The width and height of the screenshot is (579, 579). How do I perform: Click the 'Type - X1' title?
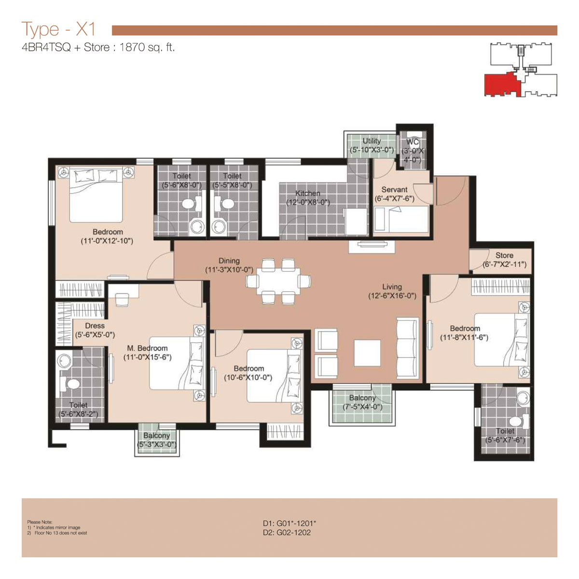click(x=58, y=29)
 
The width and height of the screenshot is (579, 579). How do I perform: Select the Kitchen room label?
click(x=307, y=193)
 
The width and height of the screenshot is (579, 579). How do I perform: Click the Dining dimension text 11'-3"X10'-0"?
click(x=229, y=270)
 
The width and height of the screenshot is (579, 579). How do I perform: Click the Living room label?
click(x=392, y=287)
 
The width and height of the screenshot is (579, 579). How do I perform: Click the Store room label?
click(x=504, y=255)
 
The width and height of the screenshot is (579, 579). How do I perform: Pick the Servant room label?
click(x=394, y=190)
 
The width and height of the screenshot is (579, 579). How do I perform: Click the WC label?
click(x=413, y=142)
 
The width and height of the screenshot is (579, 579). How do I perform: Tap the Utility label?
click(x=372, y=141)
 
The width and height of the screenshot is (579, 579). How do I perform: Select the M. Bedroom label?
click(x=147, y=348)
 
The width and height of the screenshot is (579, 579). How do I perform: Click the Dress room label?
click(x=95, y=326)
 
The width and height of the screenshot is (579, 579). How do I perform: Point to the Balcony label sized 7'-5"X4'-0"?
click(x=362, y=398)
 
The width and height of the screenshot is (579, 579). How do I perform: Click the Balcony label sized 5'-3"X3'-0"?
click(x=156, y=436)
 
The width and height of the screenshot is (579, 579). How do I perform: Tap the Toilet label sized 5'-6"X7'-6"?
click(x=505, y=431)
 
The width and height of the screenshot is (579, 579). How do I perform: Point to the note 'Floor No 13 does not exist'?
click(x=61, y=533)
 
